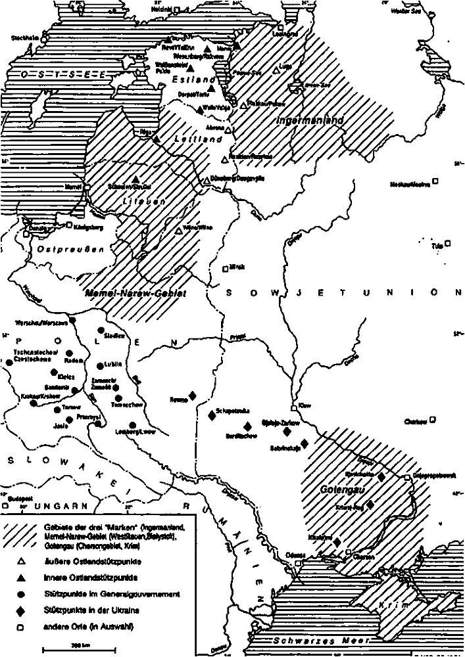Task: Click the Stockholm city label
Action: [24, 37]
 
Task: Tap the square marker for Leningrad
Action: [280, 28]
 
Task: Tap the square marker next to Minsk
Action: [225, 267]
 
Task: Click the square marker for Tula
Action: [448, 244]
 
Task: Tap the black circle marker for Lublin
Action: [99, 366]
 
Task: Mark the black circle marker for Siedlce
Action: [101, 330]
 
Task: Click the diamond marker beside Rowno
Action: [193, 394]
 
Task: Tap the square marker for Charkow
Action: [433, 419]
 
